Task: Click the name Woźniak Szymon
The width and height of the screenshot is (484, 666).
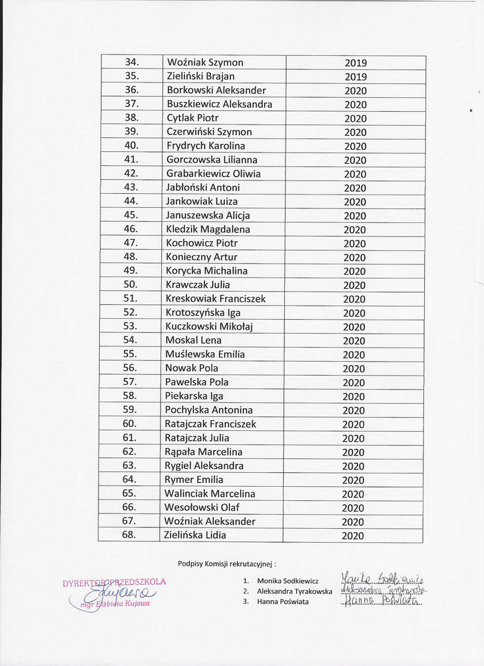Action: (x=204, y=63)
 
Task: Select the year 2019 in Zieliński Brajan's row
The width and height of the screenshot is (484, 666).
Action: (x=356, y=77)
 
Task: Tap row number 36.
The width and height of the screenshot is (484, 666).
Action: (x=131, y=90)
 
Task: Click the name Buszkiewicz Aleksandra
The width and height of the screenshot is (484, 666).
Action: (x=219, y=104)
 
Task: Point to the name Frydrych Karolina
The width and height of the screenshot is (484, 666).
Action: (x=205, y=146)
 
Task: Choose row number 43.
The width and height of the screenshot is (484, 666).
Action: (x=130, y=187)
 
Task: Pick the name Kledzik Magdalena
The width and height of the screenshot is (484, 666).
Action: (x=208, y=229)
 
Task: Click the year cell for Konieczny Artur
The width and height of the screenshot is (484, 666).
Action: (x=355, y=257)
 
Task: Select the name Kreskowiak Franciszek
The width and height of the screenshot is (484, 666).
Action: (x=215, y=299)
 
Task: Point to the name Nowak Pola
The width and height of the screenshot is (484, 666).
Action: (x=191, y=368)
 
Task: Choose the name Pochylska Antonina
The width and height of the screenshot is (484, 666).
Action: (x=208, y=410)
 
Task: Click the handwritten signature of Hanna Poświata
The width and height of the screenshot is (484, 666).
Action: (x=382, y=601)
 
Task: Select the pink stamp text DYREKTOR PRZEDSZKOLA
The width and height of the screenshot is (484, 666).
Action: (x=114, y=582)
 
